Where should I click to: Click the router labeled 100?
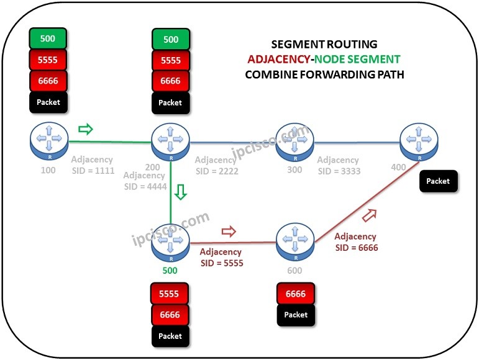point(48,141)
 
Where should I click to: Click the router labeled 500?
point(170,242)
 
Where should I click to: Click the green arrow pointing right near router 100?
point(84,130)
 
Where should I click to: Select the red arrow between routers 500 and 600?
point(229,232)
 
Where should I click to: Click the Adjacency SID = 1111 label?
point(93,164)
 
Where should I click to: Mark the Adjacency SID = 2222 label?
point(216,165)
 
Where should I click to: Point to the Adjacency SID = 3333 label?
point(339,165)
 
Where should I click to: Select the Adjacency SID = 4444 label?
point(145,181)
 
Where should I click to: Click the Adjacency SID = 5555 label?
point(221,257)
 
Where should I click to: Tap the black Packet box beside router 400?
point(438,181)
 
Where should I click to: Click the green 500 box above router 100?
point(48,39)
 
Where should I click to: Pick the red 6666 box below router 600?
point(296,294)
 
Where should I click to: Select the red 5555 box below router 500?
point(170,294)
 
